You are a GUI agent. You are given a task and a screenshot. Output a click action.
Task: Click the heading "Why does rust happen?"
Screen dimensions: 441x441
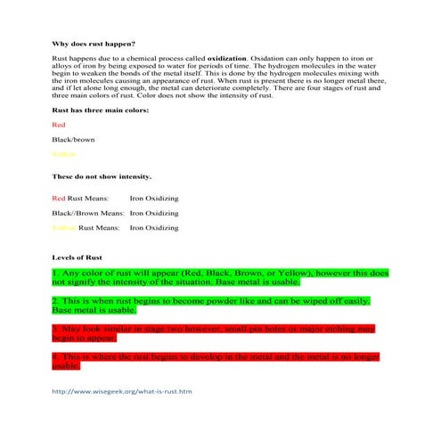click(x=94, y=44)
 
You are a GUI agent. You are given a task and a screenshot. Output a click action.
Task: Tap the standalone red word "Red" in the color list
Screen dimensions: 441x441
click(x=59, y=125)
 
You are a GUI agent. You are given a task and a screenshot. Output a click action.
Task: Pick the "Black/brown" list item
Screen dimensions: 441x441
click(x=74, y=139)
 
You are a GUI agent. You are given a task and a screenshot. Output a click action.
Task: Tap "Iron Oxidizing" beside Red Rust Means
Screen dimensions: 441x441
click(x=154, y=198)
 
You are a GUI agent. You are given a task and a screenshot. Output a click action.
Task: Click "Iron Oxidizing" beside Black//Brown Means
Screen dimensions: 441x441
click(x=154, y=213)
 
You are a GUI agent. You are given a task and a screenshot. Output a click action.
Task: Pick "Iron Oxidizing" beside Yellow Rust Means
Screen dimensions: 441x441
click(x=154, y=227)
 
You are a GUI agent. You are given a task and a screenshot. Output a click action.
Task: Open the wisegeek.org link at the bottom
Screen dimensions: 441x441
click(x=122, y=391)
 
